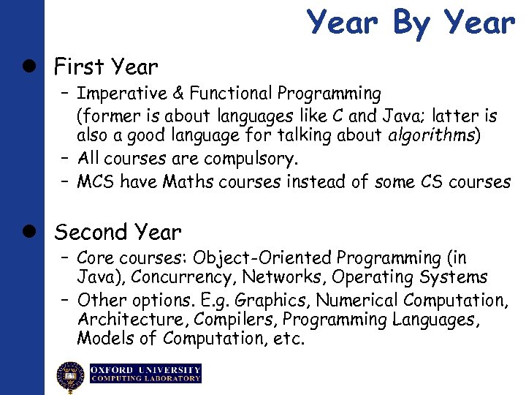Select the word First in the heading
tap(79, 67)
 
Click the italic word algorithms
tap(430, 136)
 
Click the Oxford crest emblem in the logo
tap(71, 375)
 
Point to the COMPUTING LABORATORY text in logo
tap(145, 379)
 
